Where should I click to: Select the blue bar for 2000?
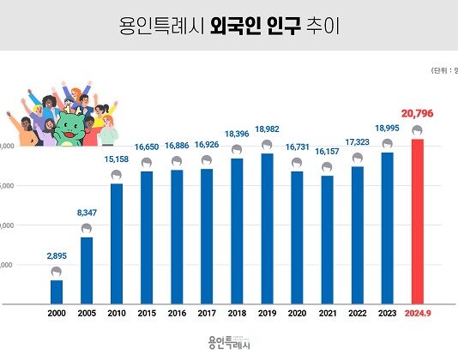pos(57,291)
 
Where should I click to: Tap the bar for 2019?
pos(267,228)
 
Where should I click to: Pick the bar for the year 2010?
pos(117,243)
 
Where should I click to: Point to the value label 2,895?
pos(57,255)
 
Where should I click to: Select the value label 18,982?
pos(267,128)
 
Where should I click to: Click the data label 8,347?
pos(87,211)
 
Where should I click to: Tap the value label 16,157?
pos(327,150)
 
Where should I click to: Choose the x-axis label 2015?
pos(147,315)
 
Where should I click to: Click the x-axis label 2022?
pos(357,315)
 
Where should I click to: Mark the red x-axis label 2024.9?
pos(417,315)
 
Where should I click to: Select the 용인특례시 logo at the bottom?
pos(228,343)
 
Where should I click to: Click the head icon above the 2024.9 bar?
pos(417,131)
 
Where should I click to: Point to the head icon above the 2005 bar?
pos(87,230)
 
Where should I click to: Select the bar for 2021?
pos(327,239)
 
